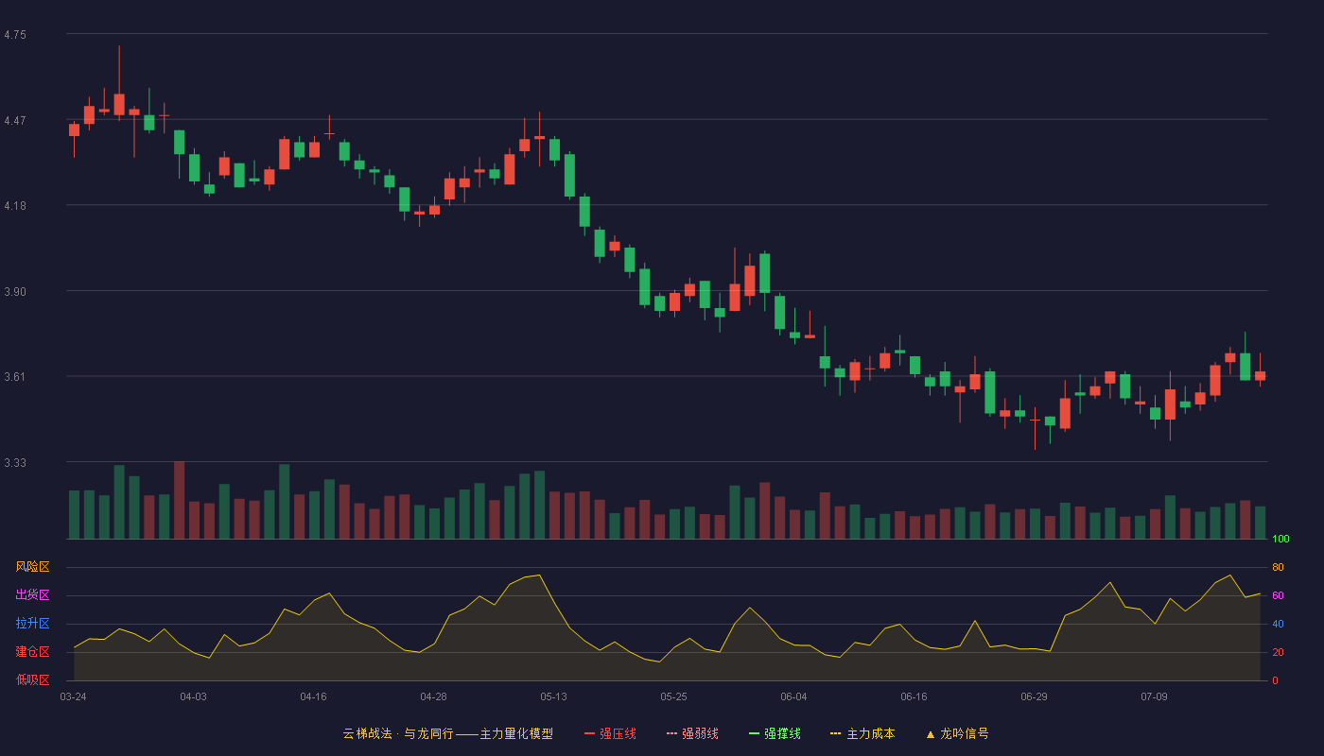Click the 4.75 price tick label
pyautogui.click(x=15, y=35)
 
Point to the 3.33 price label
pyautogui.click(x=15, y=462)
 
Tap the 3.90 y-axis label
pyautogui.click(x=15, y=292)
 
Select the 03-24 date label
pyautogui.click(x=74, y=697)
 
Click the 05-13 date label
pyautogui.click(x=553, y=697)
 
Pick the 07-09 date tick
pyautogui.click(x=1154, y=697)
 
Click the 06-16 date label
pyautogui.click(x=914, y=697)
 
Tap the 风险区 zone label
pyautogui.click(x=32, y=567)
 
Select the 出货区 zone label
pyautogui.click(x=32, y=594)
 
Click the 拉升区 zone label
pyautogui.click(x=32, y=623)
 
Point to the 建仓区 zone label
pyautogui.click(x=32, y=651)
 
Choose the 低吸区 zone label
pyautogui.click(x=32, y=679)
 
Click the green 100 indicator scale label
pyautogui.click(x=1280, y=539)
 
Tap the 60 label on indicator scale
pyautogui.click(x=1278, y=595)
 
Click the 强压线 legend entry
pyautogui.click(x=610, y=733)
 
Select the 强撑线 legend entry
pyautogui.click(x=775, y=733)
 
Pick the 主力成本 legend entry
pyautogui.click(x=862, y=733)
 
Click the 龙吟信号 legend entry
pyautogui.click(x=957, y=733)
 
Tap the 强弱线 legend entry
pyautogui.click(x=692, y=733)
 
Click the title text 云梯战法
pyautogui.click(x=368, y=733)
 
